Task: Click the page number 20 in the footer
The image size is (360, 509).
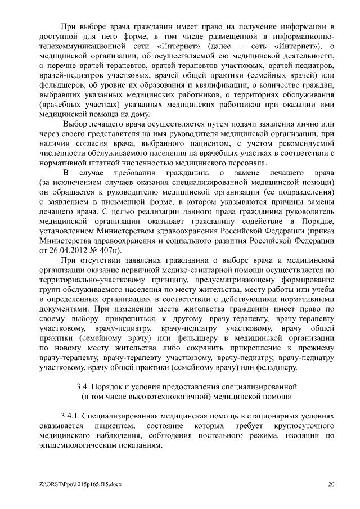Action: point(332,484)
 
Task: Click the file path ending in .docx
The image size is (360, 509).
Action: point(68,484)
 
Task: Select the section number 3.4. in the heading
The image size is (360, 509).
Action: point(84,386)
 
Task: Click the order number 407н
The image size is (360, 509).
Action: point(107,250)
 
